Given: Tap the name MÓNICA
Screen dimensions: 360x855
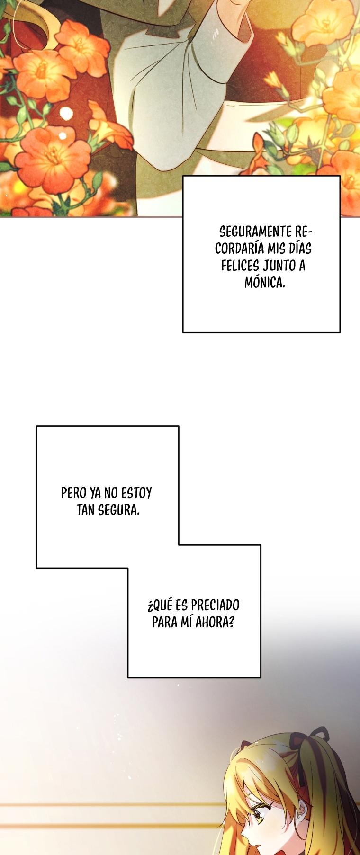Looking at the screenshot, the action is point(265,283).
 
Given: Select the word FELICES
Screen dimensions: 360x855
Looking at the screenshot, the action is point(240,266).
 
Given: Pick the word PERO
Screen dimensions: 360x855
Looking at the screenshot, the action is point(73,493).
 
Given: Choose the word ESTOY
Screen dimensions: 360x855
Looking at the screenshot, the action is point(136,493).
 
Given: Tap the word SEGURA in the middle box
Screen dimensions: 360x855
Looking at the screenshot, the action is point(119,510).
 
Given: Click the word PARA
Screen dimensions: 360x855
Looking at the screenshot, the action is point(164,622).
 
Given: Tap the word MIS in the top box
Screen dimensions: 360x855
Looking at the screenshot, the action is point(276,249).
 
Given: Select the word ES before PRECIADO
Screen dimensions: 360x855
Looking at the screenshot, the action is point(181,605).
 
